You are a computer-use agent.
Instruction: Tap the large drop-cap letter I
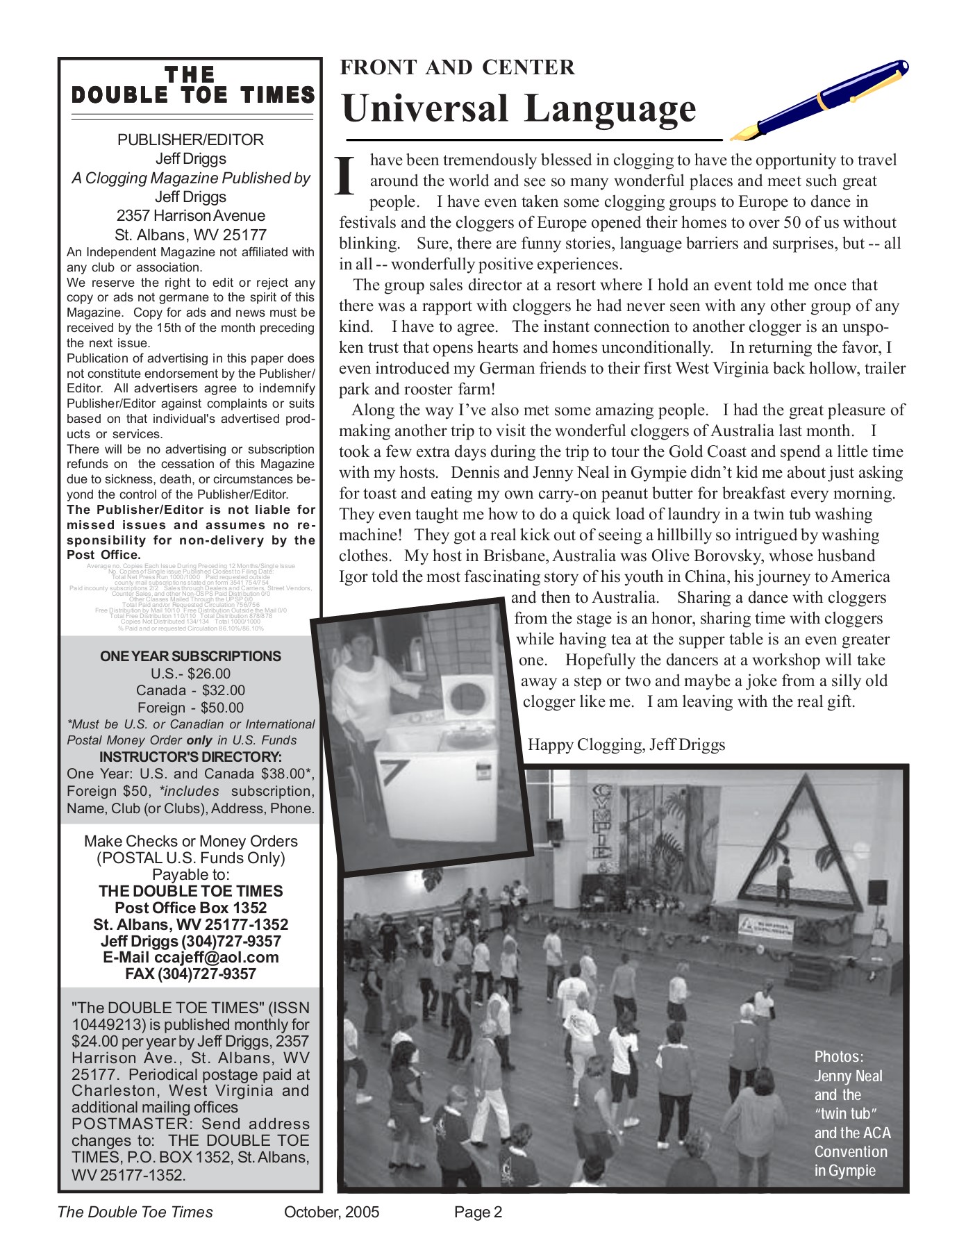pyautogui.click(x=346, y=176)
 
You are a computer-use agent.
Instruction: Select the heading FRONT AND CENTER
pyautogui.click(x=457, y=67)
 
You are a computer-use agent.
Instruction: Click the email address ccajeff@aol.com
pyautogui.click(x=216, y=958)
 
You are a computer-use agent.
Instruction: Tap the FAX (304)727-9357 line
pyautogui.click(x=191, y=974)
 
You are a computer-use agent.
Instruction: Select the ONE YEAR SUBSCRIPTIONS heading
pyautogui.click(x=190, y=656)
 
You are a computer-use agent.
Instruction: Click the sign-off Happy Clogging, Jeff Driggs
pyautogui.click(x=626, y=745)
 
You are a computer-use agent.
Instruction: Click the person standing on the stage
pyautogui.click(x=784, y=881)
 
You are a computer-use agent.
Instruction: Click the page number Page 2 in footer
pyautogui.click(x=478, y=1212)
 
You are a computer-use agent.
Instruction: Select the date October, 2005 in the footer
pyautogui.click(x=331, y=1212)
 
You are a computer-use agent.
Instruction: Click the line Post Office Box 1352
pyautogui.click(x=191, y=908)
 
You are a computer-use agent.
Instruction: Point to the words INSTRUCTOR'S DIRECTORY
pyautogui.click(x=190, y=757)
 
